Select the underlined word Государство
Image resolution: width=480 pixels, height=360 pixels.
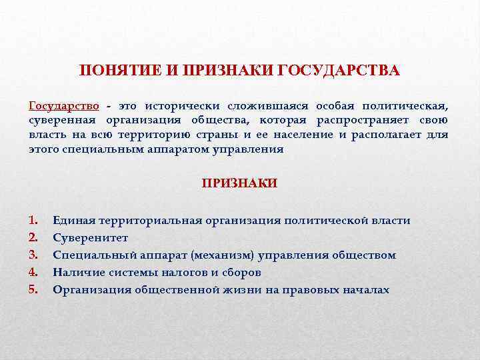click(65, 106)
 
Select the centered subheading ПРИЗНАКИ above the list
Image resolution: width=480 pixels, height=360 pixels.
click(239, 183)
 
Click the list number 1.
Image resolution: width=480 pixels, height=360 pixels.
click(34, 221)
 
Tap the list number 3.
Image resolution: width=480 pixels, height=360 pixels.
click(34, 255)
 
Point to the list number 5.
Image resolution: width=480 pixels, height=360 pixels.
click(34, 290)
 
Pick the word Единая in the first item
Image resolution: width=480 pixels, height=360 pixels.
click(74, 221)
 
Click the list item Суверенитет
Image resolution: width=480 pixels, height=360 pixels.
click(91, 238)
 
